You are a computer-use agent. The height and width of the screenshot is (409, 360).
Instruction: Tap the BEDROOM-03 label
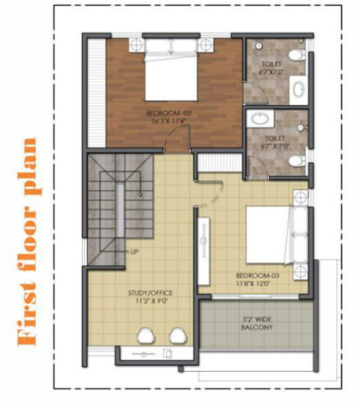click(x=257, y=276)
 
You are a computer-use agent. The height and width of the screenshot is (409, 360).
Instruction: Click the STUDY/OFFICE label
click(x=150, y=292)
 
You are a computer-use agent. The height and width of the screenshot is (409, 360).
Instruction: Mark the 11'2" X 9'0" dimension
click(x=150, y=301)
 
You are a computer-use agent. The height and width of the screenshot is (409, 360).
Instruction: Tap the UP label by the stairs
click(x=135, y=251)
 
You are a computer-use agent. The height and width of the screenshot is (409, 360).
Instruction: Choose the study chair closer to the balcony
click(x=178, y=335)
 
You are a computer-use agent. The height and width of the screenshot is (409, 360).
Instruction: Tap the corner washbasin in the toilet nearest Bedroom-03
click(x=256, y=119)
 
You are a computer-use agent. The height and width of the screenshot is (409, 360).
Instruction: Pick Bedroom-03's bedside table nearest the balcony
click(x=301, y=271)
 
